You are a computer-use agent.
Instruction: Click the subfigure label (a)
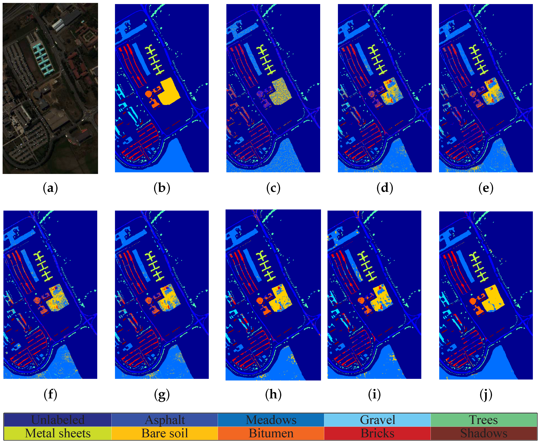pyautogui.click(x=50, y=188)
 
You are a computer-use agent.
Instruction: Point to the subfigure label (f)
pyautogui.click(x=50, y=395)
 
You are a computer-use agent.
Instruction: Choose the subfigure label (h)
pyautogui.click(x=273, y=395)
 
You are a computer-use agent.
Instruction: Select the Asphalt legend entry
pyautogui.click(x=165, y=420)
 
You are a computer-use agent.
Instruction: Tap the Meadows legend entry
pyautogui.click(x=271, y=420)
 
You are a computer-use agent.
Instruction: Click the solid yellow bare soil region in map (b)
pyautogui.click(x=169, y=92)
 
